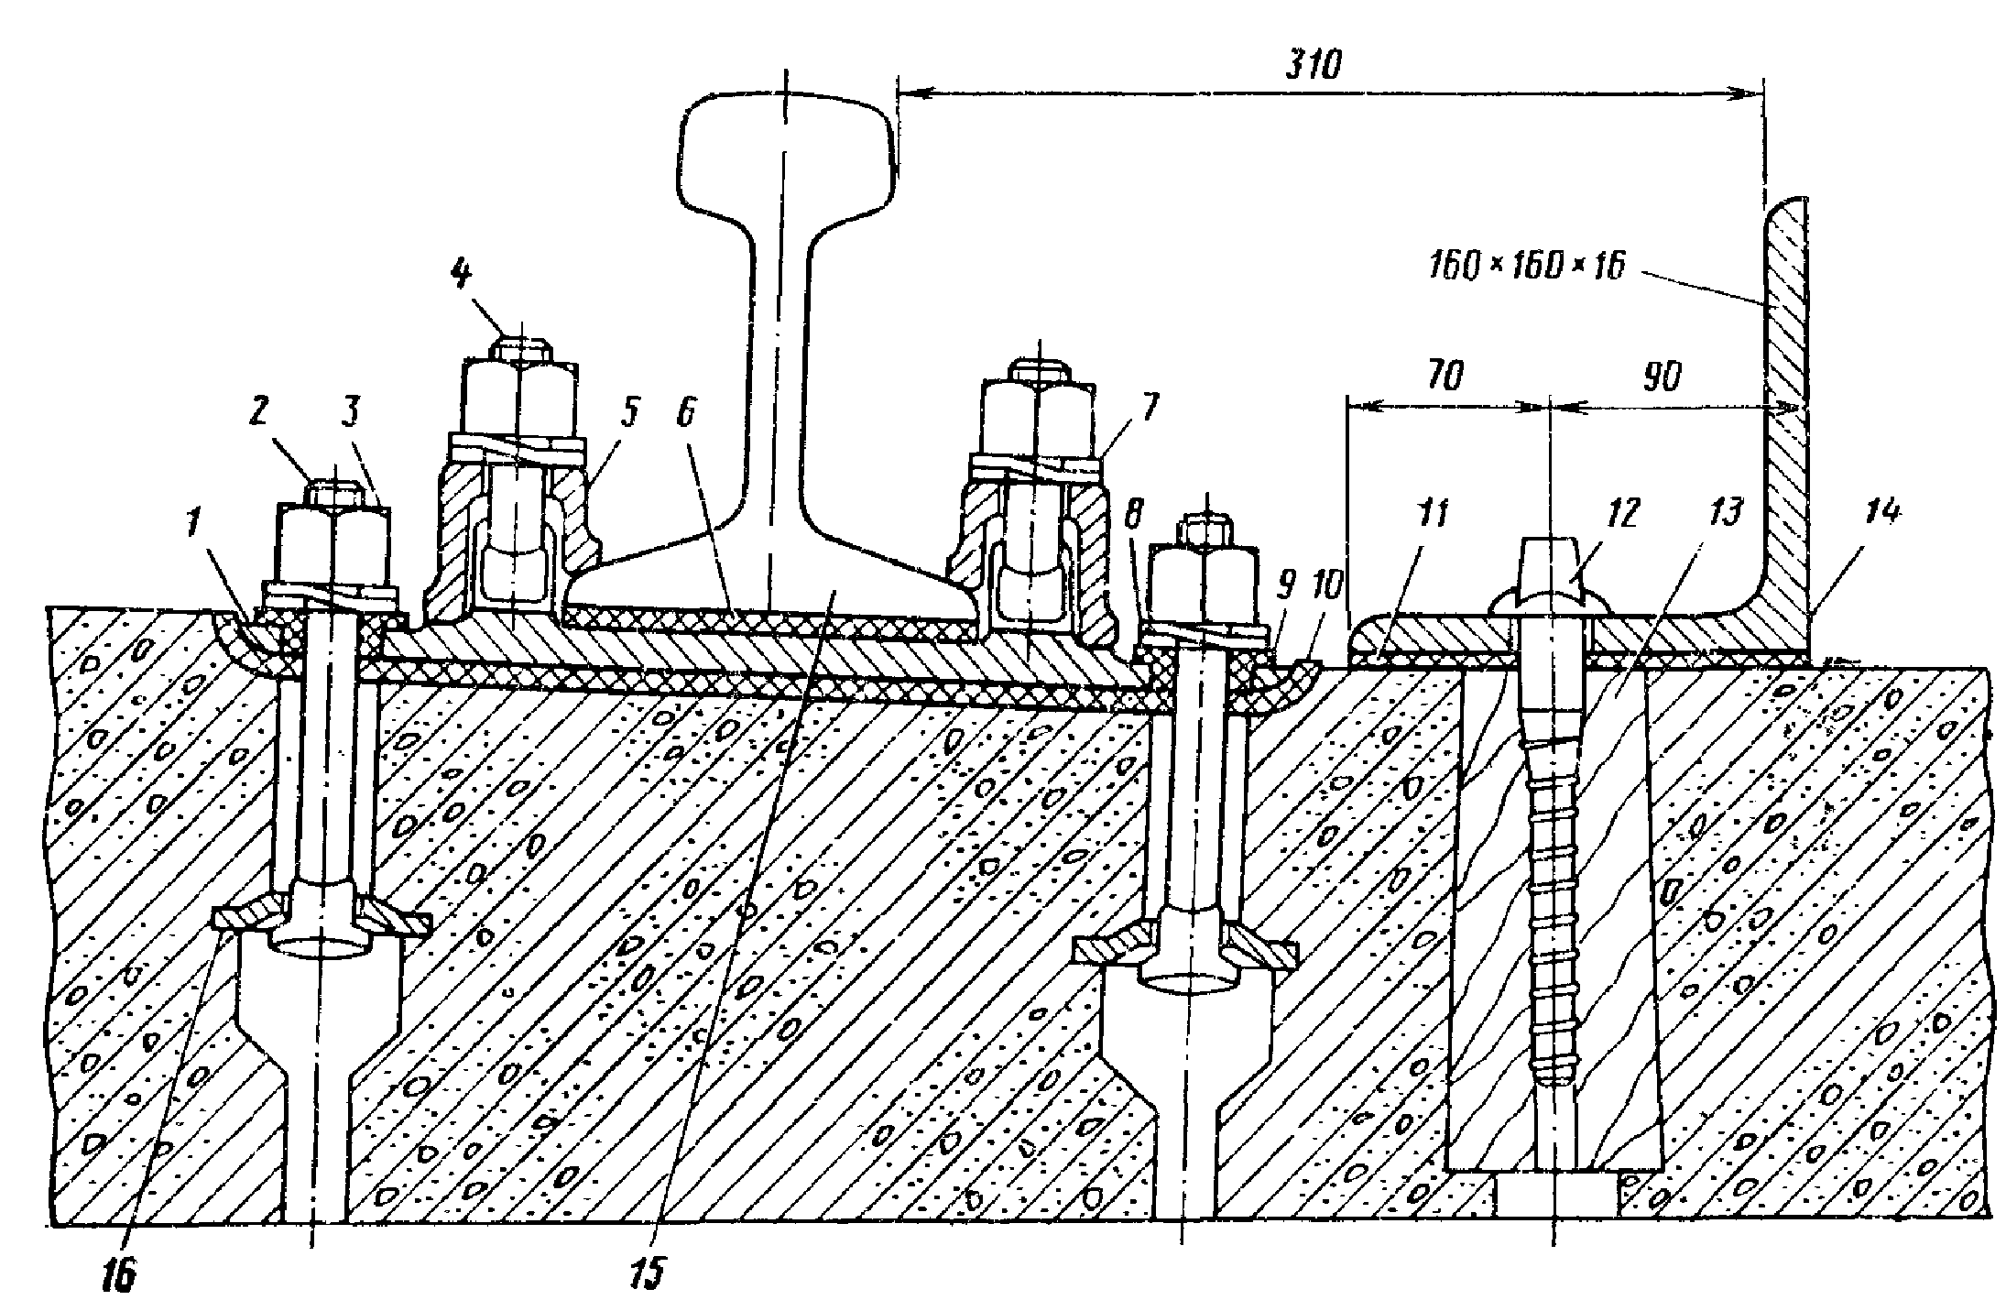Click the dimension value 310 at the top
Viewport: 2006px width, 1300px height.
1314,66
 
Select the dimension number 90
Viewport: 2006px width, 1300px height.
1661,376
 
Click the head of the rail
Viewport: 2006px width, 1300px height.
786,151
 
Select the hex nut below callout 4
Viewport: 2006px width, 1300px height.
518,399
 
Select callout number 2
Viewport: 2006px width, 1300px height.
257,412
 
